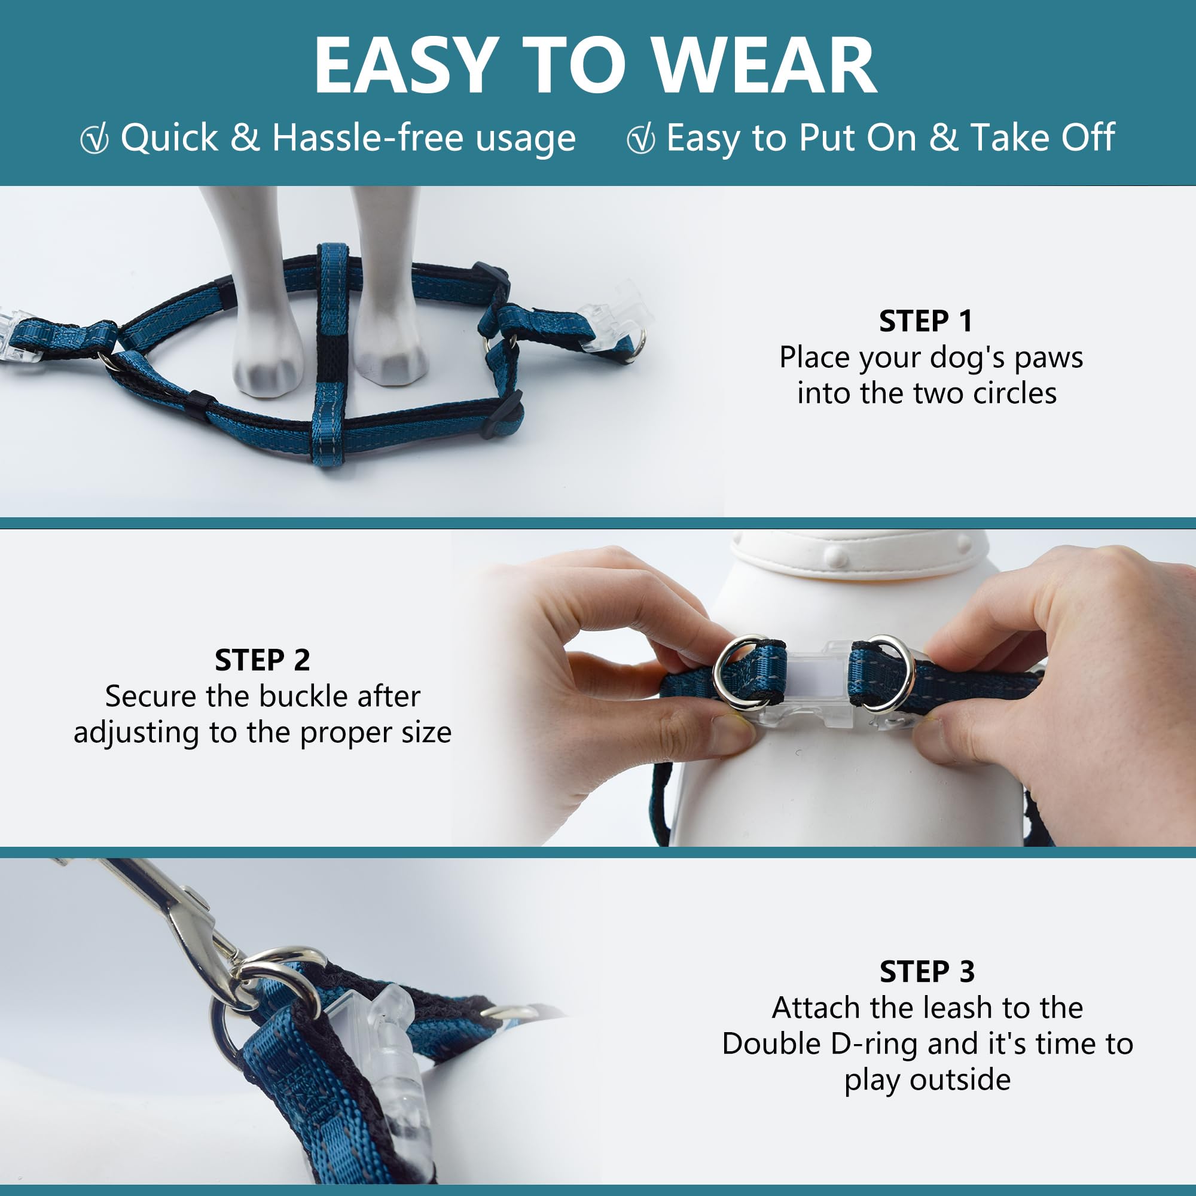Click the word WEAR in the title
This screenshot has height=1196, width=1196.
[766, 65]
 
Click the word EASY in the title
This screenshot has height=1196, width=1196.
[407, 65]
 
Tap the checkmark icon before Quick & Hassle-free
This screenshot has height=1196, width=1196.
[94, 139]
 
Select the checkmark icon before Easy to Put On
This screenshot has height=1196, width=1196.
[640, 139]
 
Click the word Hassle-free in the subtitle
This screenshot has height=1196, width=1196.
[368, 138]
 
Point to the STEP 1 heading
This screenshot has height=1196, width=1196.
[926, 321]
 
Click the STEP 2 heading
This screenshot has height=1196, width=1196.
[263, 660]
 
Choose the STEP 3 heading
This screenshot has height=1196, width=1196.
[927, 971]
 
